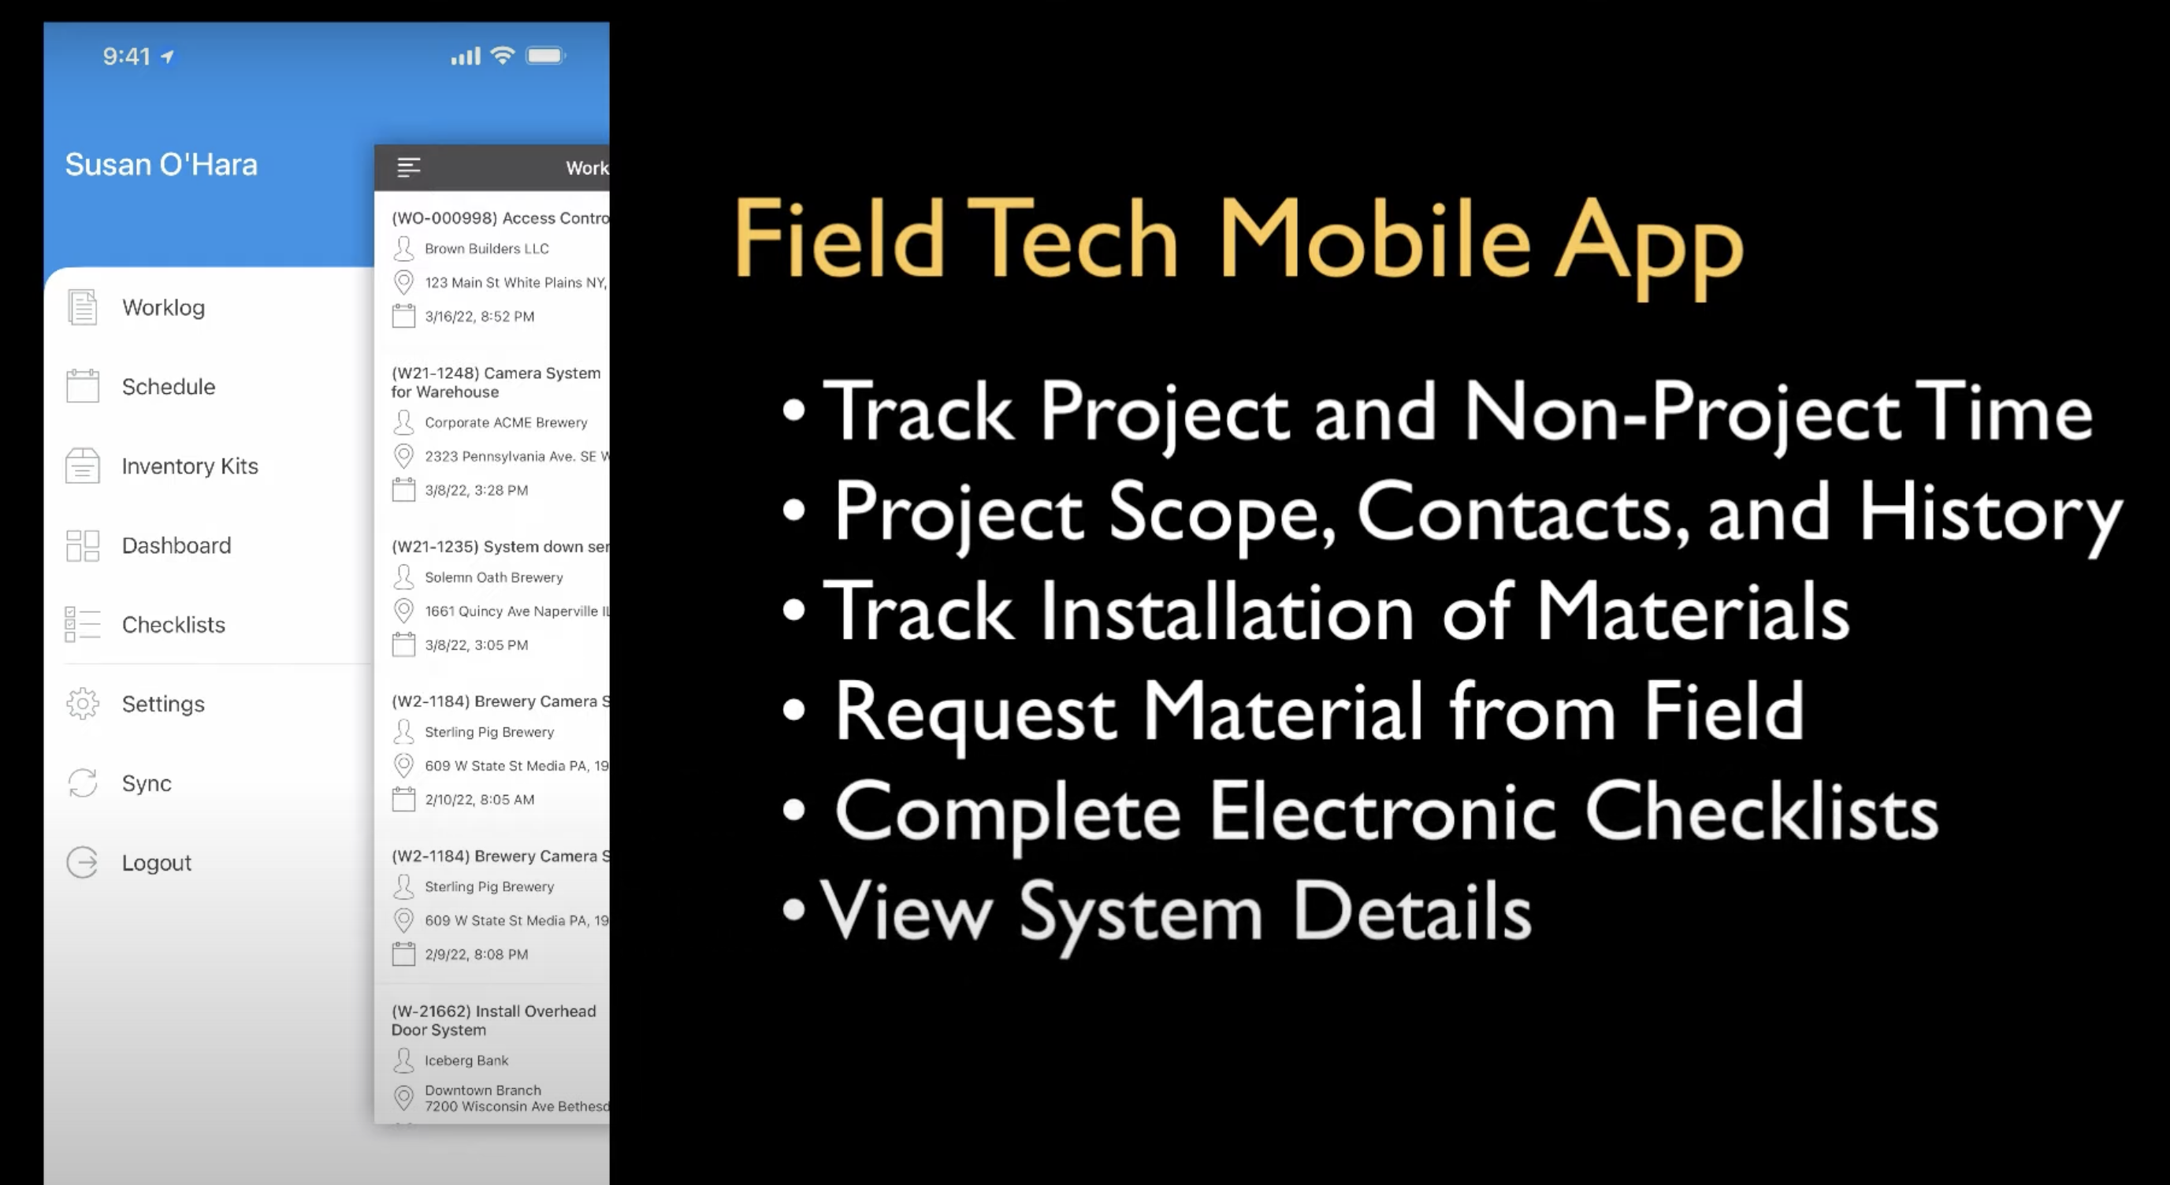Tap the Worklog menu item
[x=162, y=307]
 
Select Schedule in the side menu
[x=168, y=387]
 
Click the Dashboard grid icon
[x=83, y=546]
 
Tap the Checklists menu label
[x=173, y=625]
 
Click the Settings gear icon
[x=83, y=704]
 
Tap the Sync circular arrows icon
[x=83, y=783]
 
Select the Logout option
[x=156, y=863]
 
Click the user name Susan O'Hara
[x=161, y=164]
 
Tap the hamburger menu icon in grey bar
[x=409, y=168]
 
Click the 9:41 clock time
[x=126, y=57]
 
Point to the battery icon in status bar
[x=545, y=57]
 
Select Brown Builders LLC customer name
[x=486, y=248]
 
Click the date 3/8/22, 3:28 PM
[x=476, y=490]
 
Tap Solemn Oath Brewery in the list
[x=492, y=577]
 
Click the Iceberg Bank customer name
[x=466, y=1061]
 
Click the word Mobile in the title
[x=1374, y=240]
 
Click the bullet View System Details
[x=1174, y=913]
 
